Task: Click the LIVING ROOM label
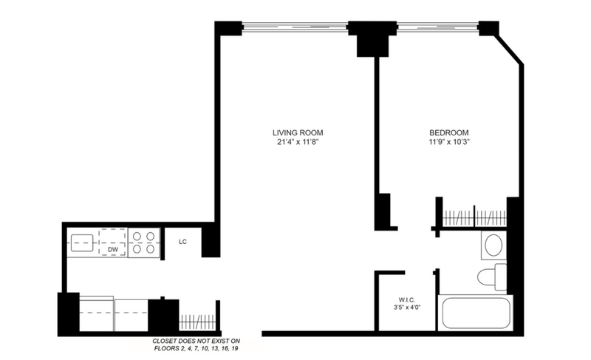(298, 133)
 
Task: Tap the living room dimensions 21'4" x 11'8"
(298, 142)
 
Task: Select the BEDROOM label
(449, 133)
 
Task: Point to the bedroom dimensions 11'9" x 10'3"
(449, 142)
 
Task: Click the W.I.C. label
(407, 300)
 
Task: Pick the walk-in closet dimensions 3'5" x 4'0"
(407, 308)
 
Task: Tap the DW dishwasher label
(113, 250)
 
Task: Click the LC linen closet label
(182, 242)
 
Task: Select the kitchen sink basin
(82, 242)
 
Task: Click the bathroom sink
(493, 245)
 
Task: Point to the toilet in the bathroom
(492, 277)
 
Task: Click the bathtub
(476, 313)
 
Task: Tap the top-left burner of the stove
(137, 237)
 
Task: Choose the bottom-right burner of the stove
(151, 249)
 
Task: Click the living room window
(294, 27)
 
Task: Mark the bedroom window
(437, 27)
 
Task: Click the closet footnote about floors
(196, 344)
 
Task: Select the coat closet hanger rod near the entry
(197, 322)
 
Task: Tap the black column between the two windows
(372, 39)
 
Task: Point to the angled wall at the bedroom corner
(510, 50)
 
